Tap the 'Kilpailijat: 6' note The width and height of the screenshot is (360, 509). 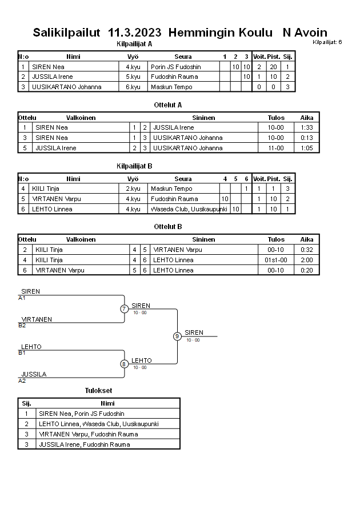[327, 42]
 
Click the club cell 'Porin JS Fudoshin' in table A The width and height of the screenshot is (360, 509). [176, 67]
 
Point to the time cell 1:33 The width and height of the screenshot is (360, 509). [307, 127]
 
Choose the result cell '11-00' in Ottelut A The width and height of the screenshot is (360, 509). [276, 148]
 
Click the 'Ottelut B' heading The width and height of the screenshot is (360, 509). [168, 227]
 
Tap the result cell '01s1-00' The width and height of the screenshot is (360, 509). [276, 260]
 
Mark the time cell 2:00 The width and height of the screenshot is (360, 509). [307, 260]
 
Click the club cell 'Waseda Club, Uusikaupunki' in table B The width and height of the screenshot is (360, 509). [189, 209]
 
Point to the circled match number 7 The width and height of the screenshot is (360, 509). [124, 309]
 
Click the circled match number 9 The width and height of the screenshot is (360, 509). [177, 336]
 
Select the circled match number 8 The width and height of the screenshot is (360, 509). [124, 364]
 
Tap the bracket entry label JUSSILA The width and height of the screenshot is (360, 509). [34, 374]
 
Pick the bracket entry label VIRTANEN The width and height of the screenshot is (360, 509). [37, 319]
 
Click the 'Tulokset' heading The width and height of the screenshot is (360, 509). [98, 391]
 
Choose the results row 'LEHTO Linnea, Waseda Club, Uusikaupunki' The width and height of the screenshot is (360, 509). [98, 424]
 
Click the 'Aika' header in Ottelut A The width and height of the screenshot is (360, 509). [307, 118]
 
